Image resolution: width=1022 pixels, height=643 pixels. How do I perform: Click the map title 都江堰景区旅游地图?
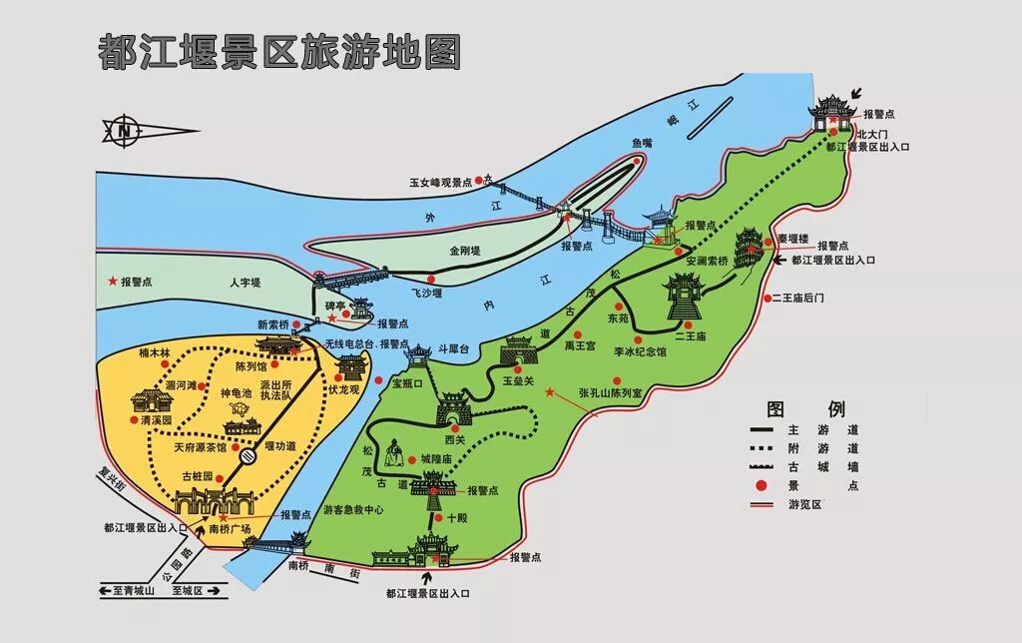pyautogui.click(x=279, y=51)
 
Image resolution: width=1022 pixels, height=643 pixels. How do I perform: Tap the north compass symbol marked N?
pyautogui.click(x=124, y=129)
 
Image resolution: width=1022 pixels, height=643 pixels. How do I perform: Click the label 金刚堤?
pyautogui.click(x=465, y=250)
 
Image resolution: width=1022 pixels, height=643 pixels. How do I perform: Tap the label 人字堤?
pyautogui.click(x=244, y=283)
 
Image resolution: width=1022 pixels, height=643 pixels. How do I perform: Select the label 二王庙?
pyautogui.click(x=690, y=336)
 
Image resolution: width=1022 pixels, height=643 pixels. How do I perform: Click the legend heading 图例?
pyautogui.click(x=804, y=408)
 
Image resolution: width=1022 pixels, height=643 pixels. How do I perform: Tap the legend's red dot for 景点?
pyautogui.click(x=762, y=485)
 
